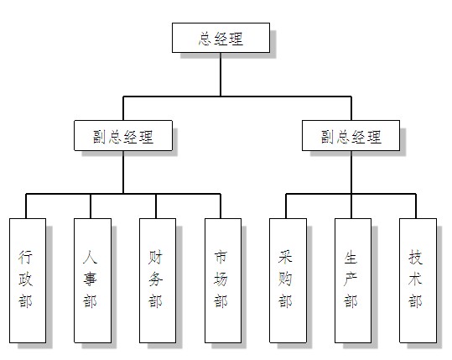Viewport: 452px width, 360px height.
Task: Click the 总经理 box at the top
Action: click(x=221, y=38)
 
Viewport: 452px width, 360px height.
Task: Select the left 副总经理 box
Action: click(x=123, y=136)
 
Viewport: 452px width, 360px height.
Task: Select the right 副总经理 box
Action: click(x=351, y=136)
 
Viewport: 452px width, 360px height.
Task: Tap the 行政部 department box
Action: click(x=28, y=280)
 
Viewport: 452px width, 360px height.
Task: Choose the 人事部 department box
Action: click(x=92, y=280)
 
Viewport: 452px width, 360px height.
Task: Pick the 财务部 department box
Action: click(x=158, y=280)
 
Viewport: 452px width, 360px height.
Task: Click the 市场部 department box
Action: click(x=223, y=280)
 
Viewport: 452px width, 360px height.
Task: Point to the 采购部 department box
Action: click(x=288, y=280)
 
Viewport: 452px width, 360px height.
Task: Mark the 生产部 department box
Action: click(x=353, y=280)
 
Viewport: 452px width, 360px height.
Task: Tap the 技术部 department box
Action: click(x=418, y=280)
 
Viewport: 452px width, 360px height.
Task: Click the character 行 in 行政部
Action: click(x=25, y=257)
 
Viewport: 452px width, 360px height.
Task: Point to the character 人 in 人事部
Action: click(x=90, y=257)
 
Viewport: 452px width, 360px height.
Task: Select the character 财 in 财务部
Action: click(x=155, y=257)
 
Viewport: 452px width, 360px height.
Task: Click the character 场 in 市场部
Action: click(x=221, y=279)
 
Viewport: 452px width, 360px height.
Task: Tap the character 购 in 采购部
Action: click(x=285, y=279)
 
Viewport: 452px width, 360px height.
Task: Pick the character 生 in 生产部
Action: click(x=351, y=257)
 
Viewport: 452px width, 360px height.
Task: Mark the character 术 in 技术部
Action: click(x=415, y=279)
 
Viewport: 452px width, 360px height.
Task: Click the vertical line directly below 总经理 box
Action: click(x=221, y=75)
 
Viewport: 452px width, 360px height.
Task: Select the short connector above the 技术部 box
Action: click(x=416, y=206)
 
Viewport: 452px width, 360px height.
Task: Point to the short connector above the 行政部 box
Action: click(x=26, y=206)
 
